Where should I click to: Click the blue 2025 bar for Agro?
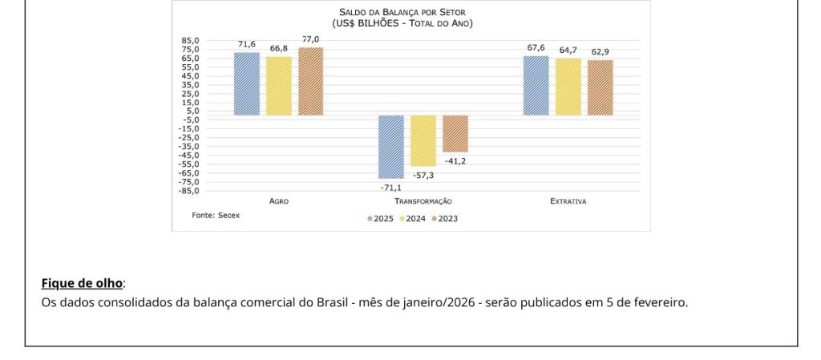(247, 84)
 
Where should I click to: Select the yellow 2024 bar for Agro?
(279, 86)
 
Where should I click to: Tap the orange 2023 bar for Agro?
(310, 81)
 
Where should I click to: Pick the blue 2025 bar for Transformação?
(391, 147)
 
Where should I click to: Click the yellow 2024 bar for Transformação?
(423, 140)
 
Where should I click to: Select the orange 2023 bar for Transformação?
(455, 133)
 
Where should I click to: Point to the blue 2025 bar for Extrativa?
(536, 86)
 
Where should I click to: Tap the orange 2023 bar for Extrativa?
(600, 87)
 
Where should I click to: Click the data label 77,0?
(310, 39)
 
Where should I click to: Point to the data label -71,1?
(391, 187)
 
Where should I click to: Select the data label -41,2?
(455, 161)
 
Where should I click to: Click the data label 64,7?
(568, 50)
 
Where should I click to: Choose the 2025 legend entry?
(381, 218)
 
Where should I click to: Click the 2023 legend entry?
(445, 218)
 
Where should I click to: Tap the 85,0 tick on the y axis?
(191, 40)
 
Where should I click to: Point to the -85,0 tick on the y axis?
(189, 191)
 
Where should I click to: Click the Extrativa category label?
(568, 201)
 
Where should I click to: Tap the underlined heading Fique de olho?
(82, 283)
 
